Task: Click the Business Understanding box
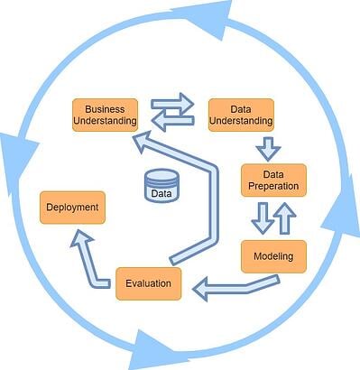105,115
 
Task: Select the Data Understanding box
240,115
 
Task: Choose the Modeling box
273,256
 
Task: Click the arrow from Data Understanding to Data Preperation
268,147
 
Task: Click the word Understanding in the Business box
105,121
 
